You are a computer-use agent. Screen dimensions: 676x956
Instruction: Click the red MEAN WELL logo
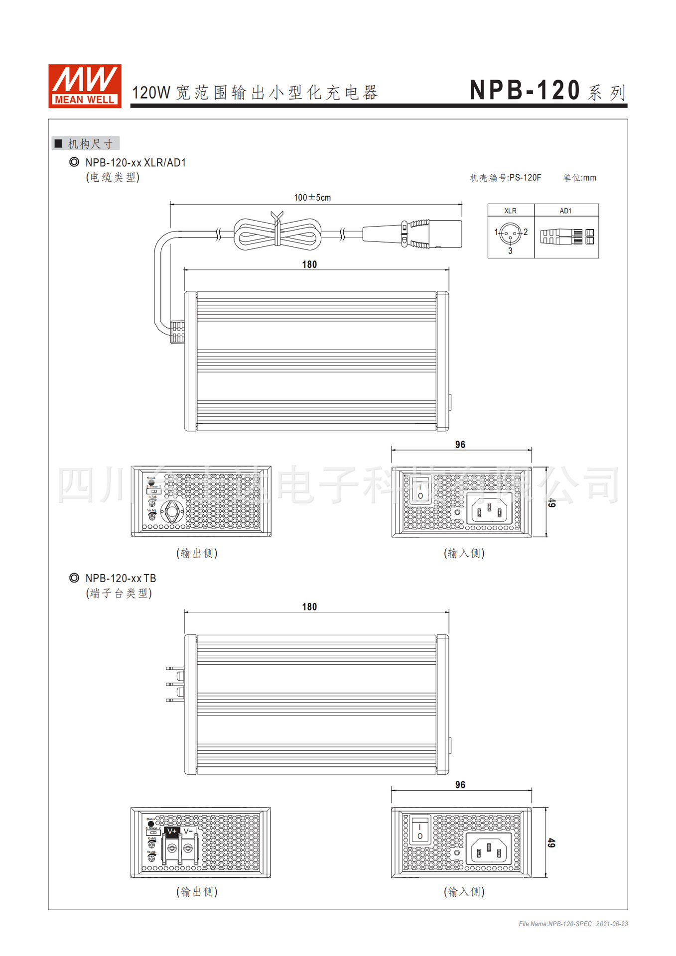pyautogui.click(x=85, y=86)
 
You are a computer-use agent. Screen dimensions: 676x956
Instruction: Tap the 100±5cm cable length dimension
pyautogui.click(x=312, y=198)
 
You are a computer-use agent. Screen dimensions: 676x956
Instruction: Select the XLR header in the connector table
pyautogui.click(x=510, y=211)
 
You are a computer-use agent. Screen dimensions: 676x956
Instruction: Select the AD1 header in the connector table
pyautogui.click(x=565, y=211)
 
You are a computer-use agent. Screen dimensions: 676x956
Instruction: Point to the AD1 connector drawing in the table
pyautogui.click(x=567, y=237)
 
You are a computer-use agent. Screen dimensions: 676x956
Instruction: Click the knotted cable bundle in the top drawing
pyautogui.click(x=277, y=234)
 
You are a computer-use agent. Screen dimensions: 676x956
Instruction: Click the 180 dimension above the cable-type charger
pyautogui.click(x=309, y=264)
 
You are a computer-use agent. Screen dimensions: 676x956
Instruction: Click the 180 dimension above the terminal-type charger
pyautogui.click(x=309, y=606)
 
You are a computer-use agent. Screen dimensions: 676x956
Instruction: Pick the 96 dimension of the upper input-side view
pyautogui.click(x=460, y=445)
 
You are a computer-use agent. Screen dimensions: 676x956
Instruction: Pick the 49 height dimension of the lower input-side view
pyautogui.click(x=551, y=842)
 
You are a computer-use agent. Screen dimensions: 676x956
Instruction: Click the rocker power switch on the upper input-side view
pyautogui.click(x=420, y=488)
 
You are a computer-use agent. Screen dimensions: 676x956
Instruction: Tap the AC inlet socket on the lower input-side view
pyautogui.click(x=489, y=848)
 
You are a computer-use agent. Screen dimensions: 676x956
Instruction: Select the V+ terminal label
pyautogui.click(x=172, y=832)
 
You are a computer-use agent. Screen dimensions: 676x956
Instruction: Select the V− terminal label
pyautogui.click(x=188, y=832)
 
